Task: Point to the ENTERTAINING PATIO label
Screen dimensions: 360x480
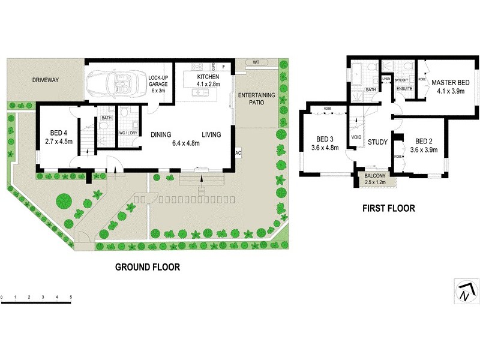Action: (x=256, y=99)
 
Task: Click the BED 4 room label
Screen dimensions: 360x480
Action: (x=58, y=138)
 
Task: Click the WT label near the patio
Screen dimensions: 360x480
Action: (x=256, y=62)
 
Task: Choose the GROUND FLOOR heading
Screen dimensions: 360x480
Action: (x=147, y=267)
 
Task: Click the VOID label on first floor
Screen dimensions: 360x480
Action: (x=356, y=137)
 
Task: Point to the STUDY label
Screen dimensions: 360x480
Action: (x=378, y=142)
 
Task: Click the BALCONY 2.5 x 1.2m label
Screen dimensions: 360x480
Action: (x=377, y=178)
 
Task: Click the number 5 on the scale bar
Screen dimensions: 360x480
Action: (x=71, y=297)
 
